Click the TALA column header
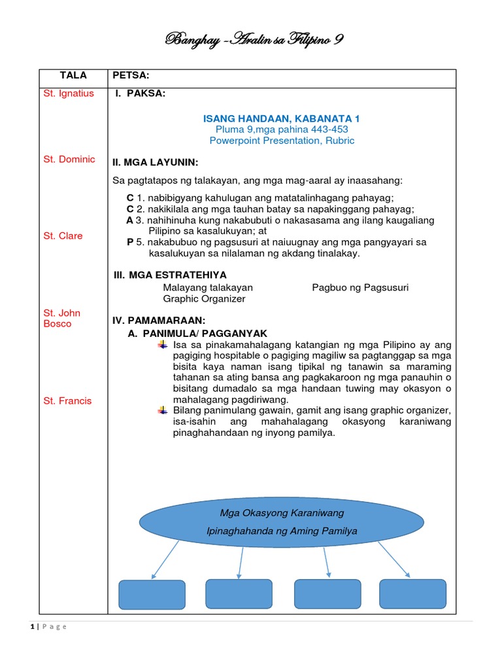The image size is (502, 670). click(73, 76)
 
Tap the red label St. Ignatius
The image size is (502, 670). click(69, 94)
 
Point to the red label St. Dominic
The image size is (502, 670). click(69, 160)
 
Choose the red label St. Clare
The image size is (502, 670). click(63, 236)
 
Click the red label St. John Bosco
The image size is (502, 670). click(62, 319)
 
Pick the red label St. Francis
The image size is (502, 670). click(68, 400)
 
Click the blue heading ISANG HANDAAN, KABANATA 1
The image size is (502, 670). click(282, 118)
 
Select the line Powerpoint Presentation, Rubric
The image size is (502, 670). click(282, 141)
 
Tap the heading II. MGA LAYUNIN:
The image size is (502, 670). click(156, 162)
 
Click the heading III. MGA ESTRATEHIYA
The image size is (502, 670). click(170, 275)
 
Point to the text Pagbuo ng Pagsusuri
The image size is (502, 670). click(360, 287)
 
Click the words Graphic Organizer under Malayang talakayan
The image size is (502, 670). click(204, 299)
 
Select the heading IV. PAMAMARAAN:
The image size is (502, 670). click(159, 320)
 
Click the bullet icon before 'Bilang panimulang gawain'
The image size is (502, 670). click(163, 410)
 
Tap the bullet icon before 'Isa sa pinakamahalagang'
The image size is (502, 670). click(163, 345)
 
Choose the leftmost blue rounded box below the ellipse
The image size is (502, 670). click(152, 595)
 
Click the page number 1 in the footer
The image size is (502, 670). click(31, 627)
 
